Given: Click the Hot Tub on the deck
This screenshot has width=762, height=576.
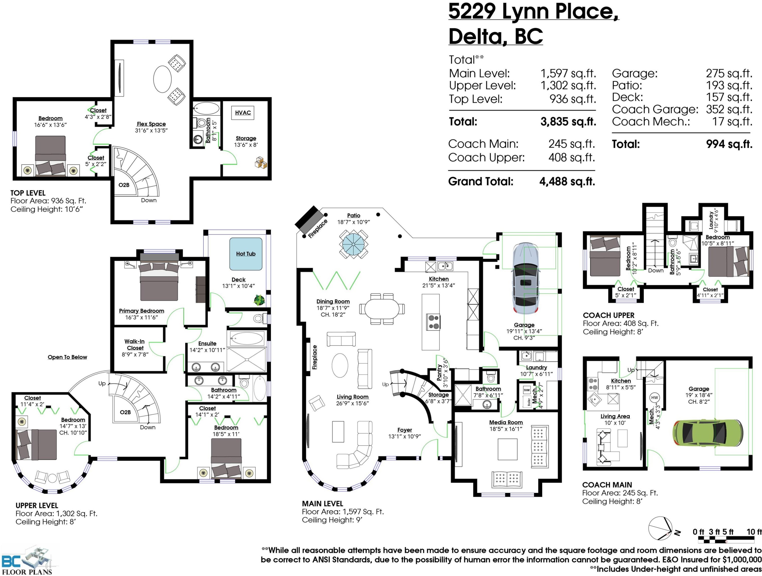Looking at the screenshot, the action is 246,254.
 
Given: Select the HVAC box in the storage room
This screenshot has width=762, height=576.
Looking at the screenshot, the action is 243,112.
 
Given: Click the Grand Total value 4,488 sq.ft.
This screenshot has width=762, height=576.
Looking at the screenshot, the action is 567,182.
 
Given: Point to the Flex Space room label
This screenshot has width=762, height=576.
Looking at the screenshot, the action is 151,124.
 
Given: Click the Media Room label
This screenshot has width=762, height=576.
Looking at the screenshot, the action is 506,422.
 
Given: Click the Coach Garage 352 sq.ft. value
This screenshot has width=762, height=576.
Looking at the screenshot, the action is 729,109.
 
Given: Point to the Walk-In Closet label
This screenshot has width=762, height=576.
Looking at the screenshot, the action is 135,345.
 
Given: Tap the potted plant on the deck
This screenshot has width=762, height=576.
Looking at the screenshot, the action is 259,300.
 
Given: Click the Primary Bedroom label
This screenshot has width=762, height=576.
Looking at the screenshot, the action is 141,311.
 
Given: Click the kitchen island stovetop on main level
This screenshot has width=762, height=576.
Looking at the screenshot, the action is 433,322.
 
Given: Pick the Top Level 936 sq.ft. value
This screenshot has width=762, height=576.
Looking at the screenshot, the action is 573,99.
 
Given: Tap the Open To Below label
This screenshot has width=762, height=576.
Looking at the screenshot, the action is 68,357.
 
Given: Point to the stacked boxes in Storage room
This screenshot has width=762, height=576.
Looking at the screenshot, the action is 261,162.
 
